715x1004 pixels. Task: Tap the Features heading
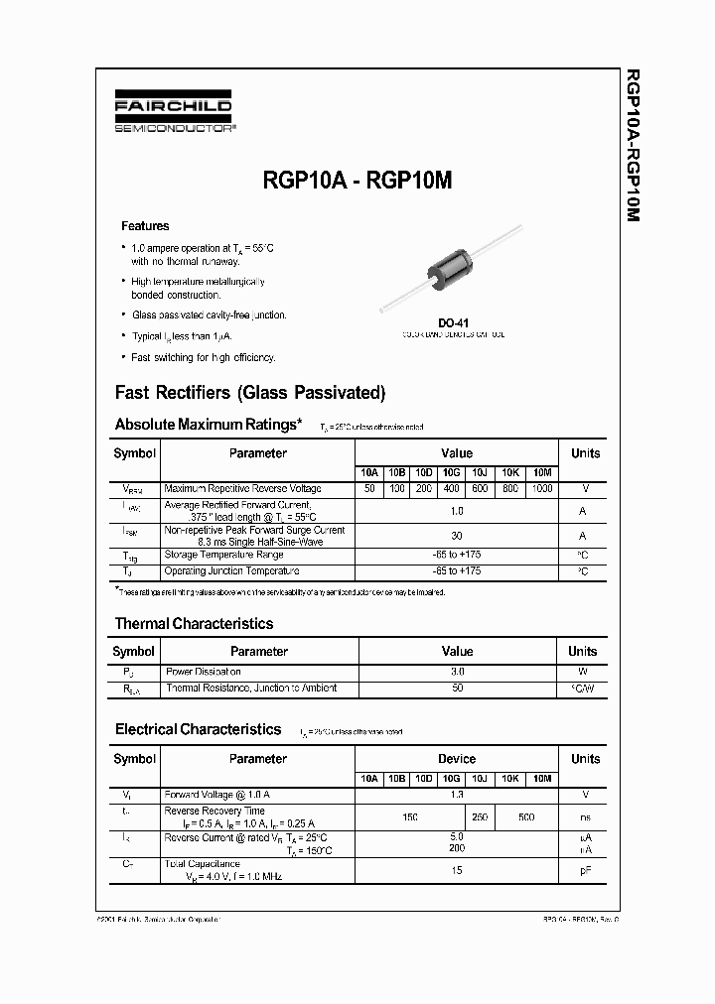point(145,226)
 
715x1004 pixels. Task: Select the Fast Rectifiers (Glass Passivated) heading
point(250,392)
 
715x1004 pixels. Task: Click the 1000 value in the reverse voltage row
point(542,489)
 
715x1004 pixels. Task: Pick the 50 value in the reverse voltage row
point(369,489)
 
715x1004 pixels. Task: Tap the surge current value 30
point(457,537)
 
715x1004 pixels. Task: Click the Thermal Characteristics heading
point(194,624)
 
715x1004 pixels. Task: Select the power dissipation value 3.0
point(457,672)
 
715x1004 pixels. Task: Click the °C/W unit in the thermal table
point(583,688)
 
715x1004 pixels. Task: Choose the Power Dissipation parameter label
point(203,672)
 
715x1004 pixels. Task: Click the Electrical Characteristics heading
point(199,729)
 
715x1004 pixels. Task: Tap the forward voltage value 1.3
point(457,795)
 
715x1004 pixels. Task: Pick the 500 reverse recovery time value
point(526,816)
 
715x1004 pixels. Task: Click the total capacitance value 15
point(457,870)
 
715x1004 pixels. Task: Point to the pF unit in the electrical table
point(585,870)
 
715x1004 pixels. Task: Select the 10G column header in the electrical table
point(452,779)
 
